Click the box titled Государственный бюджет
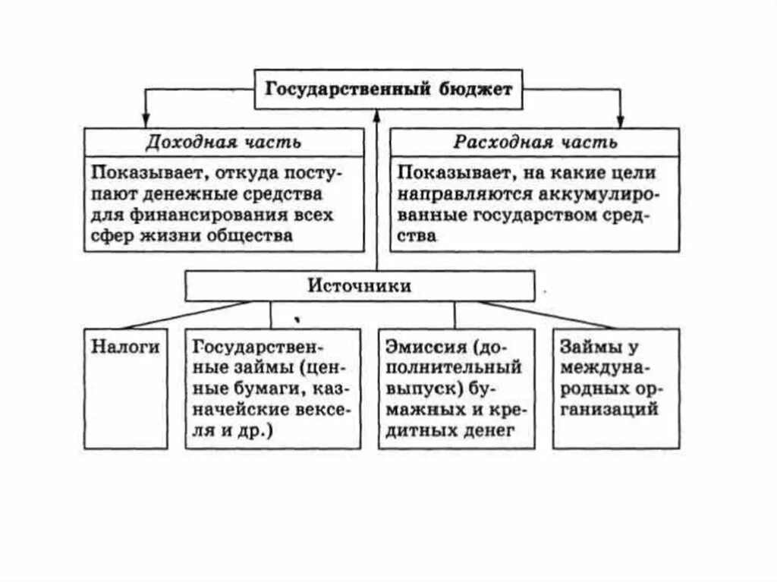388,89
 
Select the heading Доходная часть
224,142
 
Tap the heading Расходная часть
536,142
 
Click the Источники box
360,286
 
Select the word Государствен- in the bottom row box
259,348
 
